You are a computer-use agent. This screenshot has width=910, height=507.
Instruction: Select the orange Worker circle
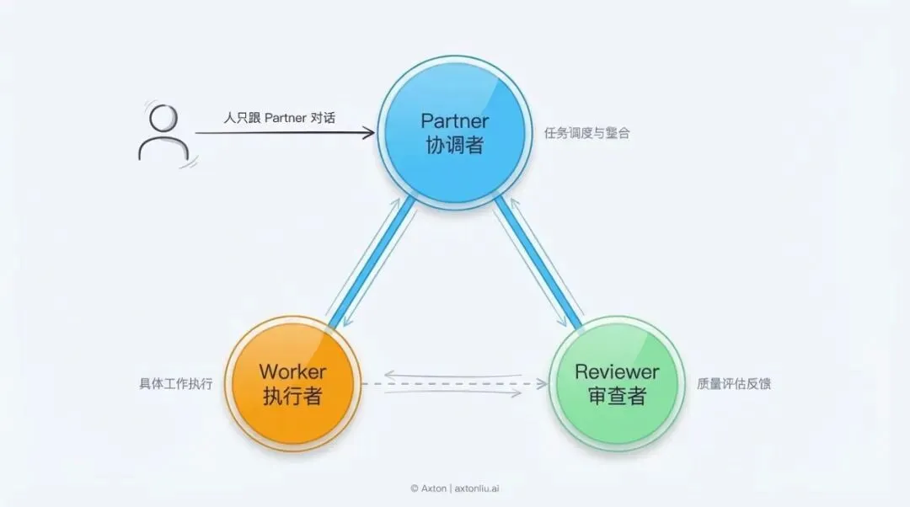292,383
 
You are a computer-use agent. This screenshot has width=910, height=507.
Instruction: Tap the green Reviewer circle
617,383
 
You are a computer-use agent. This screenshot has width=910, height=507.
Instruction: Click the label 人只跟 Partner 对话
279,118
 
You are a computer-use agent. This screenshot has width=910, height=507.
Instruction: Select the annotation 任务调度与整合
587,133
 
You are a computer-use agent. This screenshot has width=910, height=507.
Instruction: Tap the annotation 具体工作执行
176,384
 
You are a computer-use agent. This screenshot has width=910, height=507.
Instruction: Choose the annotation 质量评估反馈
734,384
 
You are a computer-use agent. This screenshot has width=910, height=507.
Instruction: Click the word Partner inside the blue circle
455,120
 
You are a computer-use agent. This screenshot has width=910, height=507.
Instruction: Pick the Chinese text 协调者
455,145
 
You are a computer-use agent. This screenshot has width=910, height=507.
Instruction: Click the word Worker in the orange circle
292,371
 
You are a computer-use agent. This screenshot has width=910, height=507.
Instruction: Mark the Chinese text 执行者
292,396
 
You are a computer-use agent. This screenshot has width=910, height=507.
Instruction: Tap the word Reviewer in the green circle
617,371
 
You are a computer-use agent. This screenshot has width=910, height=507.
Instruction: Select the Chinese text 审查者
617,396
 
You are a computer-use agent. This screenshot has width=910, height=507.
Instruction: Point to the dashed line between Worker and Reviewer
455,384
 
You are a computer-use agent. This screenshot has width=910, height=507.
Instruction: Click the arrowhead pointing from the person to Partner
368,132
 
